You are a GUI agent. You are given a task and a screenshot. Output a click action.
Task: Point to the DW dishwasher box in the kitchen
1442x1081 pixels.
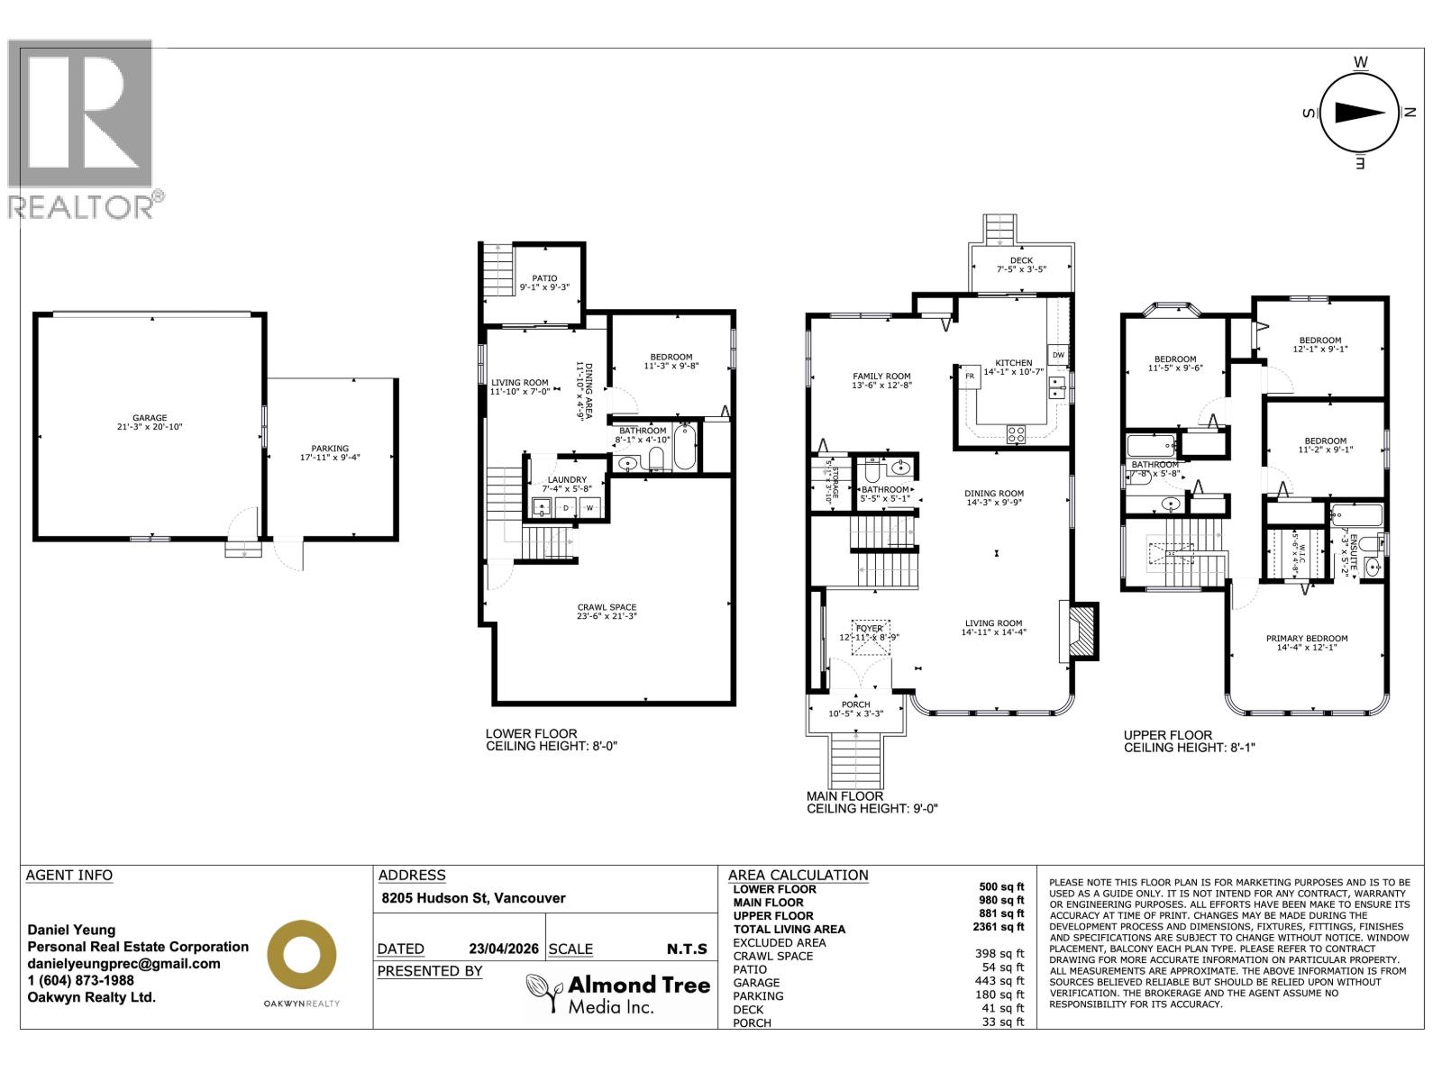(1058, 355)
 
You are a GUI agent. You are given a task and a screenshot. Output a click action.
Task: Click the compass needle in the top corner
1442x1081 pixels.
(1359, 113)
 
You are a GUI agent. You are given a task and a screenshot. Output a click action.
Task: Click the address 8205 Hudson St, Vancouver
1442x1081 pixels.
(473, 898)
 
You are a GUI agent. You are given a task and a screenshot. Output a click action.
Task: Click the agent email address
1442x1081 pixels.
(123, 963)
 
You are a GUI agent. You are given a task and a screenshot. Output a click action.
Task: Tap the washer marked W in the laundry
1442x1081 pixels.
(590, 508)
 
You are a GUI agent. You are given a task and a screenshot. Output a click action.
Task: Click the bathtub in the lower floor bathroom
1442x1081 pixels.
(685, 448)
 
